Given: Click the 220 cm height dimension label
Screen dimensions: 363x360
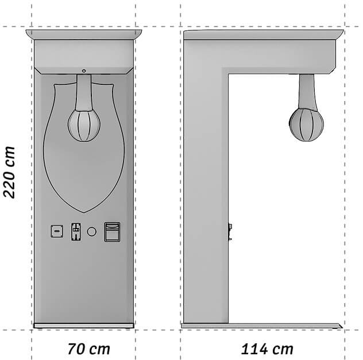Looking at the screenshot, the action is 9,172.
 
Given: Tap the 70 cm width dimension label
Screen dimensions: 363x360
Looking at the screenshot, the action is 88,349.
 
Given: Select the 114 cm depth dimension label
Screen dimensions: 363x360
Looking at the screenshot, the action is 267,349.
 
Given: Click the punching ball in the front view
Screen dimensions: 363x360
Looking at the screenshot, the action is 84,125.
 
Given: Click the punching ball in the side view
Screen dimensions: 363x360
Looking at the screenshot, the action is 306,125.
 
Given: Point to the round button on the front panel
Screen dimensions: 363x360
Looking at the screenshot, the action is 92,231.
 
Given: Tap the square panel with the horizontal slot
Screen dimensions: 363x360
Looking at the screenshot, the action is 57,231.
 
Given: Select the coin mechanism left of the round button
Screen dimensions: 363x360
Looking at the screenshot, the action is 76,231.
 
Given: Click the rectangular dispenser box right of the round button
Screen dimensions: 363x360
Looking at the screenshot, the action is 112,232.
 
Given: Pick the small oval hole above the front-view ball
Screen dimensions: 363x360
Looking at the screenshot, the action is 84,71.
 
